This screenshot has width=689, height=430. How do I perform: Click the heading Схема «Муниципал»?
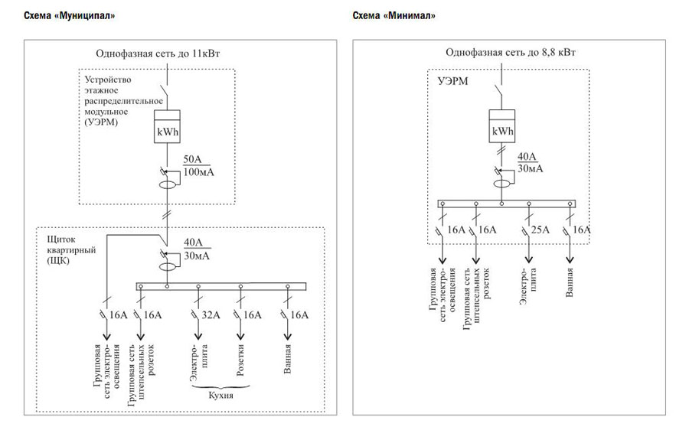click(70, 16)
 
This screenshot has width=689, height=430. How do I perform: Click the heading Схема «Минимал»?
click(393, 16)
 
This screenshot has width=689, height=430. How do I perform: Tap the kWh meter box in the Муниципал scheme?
click(167, 126)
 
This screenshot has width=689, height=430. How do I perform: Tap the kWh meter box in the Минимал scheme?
click(502, 126)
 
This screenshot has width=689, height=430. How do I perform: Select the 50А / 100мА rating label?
click(198, 165)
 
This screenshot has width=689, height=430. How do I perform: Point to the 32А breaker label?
click(211, 315)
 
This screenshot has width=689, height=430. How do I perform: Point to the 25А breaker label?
click(540, 230)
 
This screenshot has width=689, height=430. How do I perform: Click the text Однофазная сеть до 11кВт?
click(158, 54)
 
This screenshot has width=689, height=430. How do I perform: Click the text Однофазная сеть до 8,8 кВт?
click(511, 52)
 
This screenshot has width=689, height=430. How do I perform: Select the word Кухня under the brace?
click(220, 396)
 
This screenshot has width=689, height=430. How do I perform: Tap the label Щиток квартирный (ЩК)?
click(71, 250)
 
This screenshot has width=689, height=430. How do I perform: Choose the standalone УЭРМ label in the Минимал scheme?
click(453, 81)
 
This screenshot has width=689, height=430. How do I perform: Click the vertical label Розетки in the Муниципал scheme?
click(240, 360)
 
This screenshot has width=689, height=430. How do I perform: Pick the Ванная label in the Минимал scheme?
click(570, 283)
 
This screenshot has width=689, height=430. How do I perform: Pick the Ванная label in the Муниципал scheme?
click(287, 359)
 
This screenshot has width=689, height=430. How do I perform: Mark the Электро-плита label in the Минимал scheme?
click(528, 286)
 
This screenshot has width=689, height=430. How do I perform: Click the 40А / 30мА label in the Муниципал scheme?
click(197, 249)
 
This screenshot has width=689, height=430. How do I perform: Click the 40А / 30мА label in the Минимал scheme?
click(530, 162)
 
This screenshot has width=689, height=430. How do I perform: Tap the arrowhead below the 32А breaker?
click(198, 336)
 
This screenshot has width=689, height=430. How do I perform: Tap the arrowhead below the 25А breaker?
click(528, 259)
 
